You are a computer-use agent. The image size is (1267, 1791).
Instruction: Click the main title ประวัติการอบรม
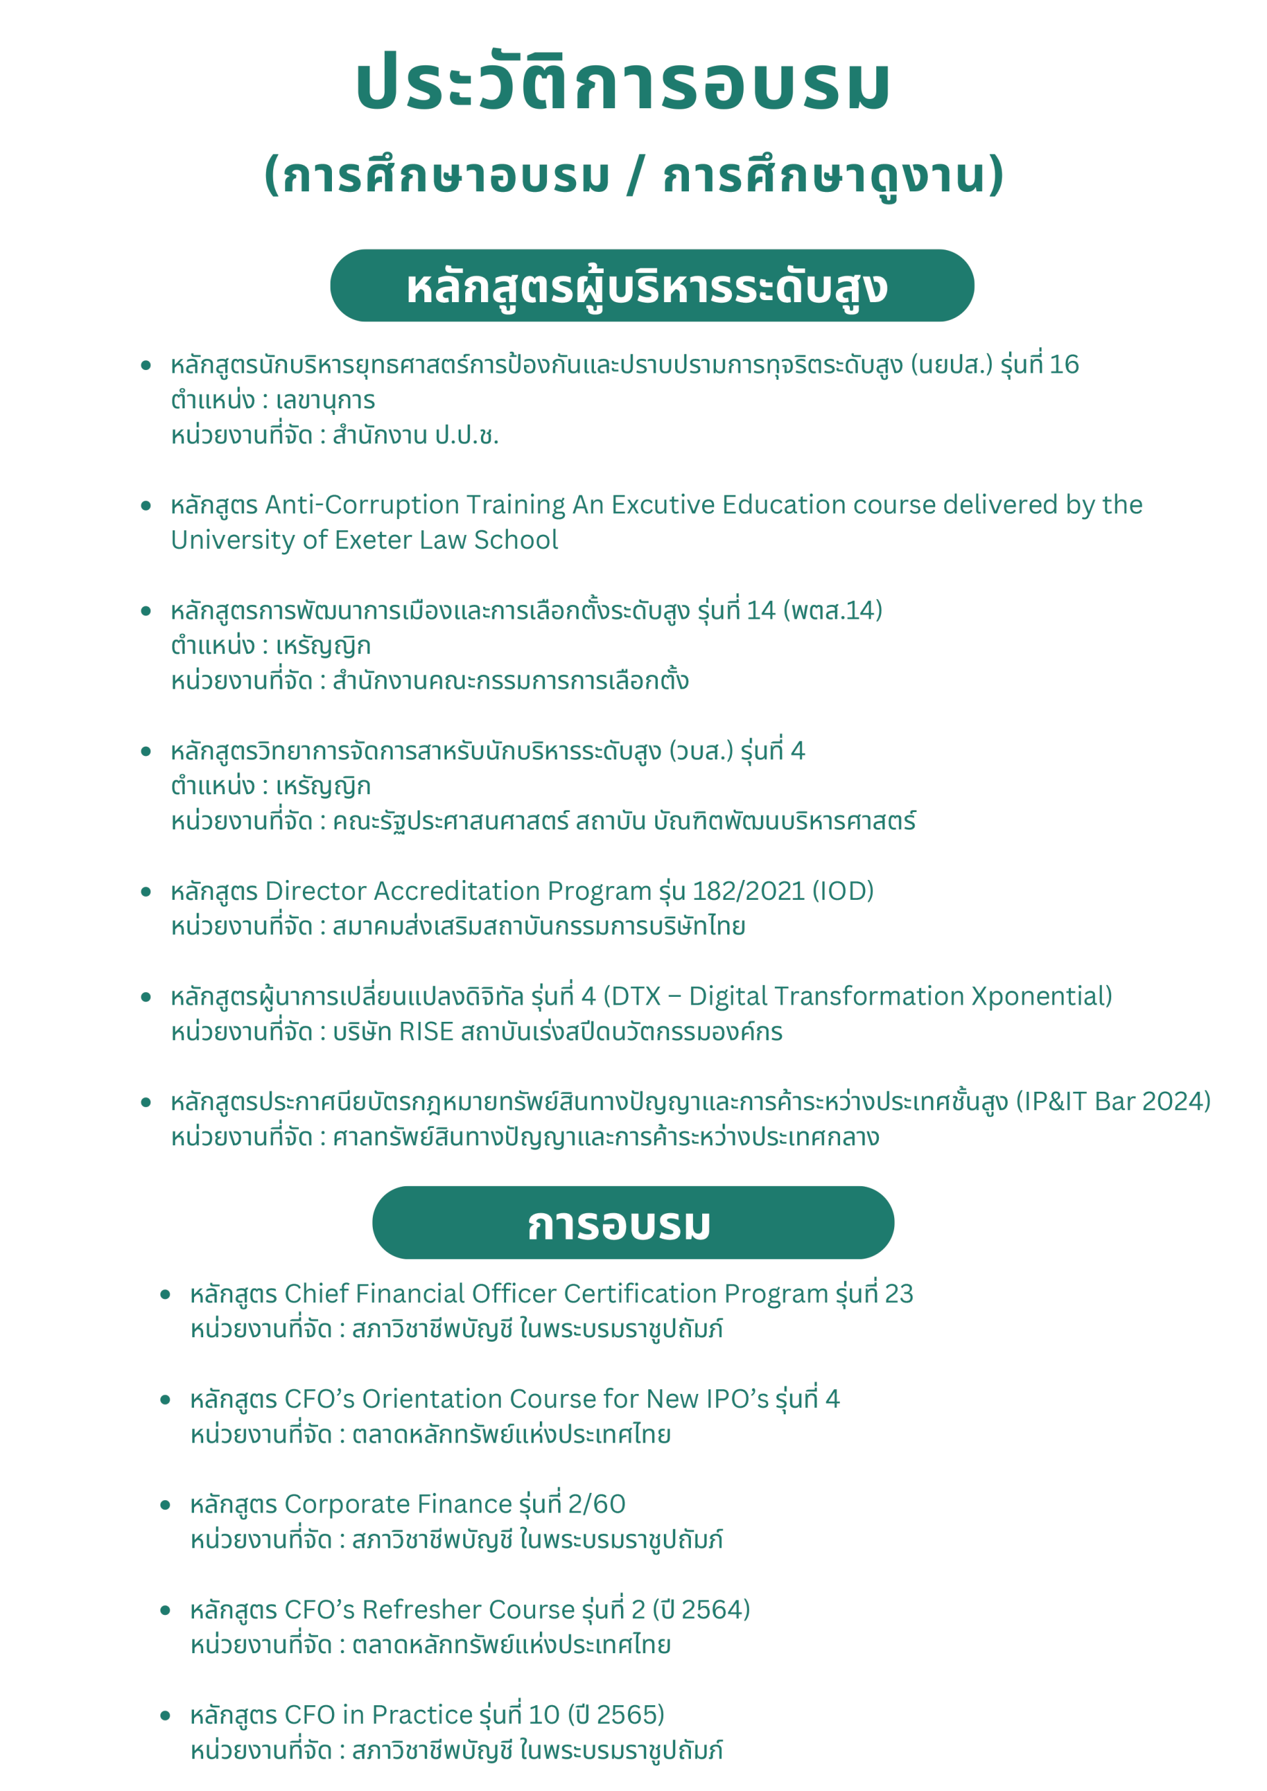(x=624, y=82)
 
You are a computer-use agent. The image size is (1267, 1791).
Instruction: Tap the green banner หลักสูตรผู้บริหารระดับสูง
(x=651, y=286)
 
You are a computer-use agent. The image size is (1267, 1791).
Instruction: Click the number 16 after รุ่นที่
(x=1064, y=364)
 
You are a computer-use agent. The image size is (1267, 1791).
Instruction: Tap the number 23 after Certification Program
(x=899, y=1294)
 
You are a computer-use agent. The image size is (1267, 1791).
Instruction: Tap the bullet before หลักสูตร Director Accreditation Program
(x=146, y=892)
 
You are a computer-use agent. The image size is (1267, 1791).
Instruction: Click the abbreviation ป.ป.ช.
(x=467, y=435)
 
